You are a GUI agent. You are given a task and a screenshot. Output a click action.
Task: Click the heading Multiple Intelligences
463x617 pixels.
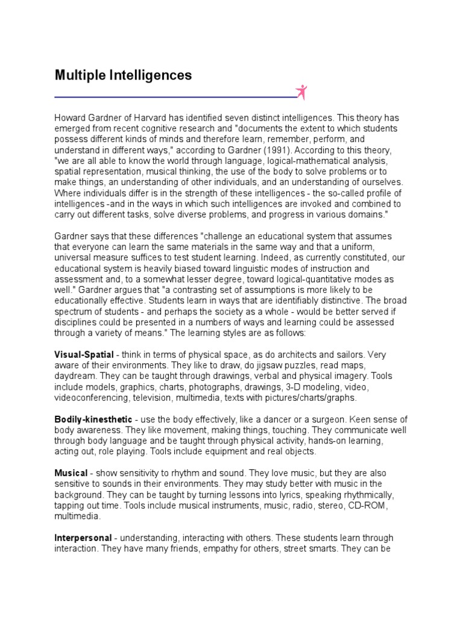123,76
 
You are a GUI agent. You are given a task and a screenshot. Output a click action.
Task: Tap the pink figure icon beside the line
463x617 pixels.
301,92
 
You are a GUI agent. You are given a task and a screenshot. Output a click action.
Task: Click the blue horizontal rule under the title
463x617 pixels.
175,97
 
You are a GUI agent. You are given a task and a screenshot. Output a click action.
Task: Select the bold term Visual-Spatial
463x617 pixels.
84,355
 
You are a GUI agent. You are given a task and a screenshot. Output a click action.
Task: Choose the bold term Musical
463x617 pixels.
71,474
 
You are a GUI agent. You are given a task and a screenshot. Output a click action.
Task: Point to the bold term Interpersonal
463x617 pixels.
83,538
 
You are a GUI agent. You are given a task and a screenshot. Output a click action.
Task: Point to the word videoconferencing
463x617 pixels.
92,398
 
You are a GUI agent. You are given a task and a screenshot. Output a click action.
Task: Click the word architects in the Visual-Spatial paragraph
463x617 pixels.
281,355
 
